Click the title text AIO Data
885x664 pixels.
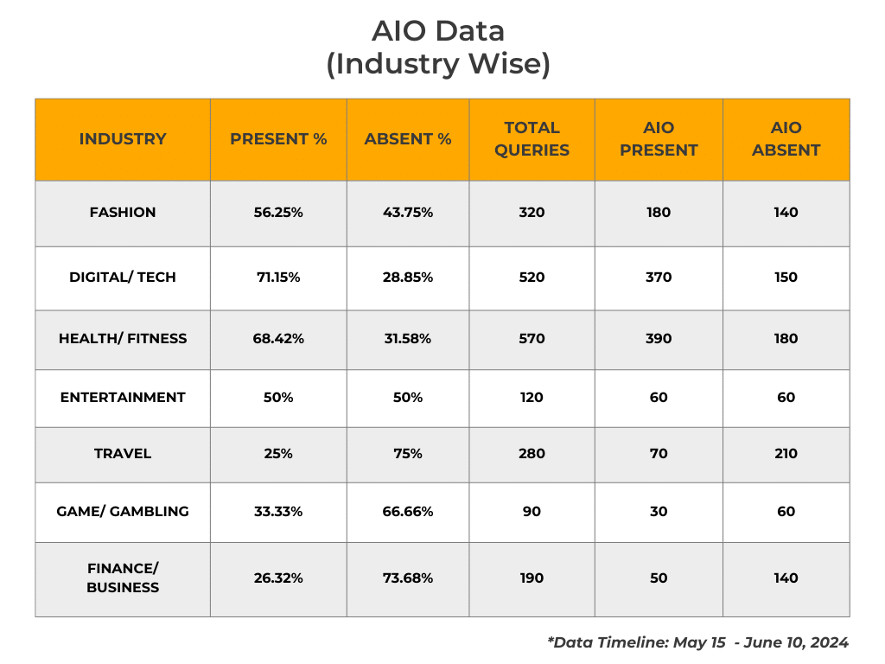tap(438, 30)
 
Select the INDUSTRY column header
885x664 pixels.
tap(123, 139)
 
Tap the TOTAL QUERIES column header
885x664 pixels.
tap(532, 139)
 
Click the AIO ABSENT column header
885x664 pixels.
tap(786, 139)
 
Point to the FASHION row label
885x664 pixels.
tap(123, 213)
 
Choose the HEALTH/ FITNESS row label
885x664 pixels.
tap(123, 338)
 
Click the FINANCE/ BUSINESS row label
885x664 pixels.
tap(123, 578)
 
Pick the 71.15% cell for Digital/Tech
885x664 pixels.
tap(278, 278)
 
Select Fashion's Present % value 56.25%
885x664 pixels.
tap(278, 213)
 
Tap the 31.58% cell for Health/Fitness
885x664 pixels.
tap(408, 338)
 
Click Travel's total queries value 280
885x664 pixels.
tap(532, 453)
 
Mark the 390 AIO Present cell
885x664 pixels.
tap(659, 338)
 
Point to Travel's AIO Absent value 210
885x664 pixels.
tap(786, 453)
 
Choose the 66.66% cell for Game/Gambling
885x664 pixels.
tap(408, 512)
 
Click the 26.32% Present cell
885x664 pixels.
tap(278, 578)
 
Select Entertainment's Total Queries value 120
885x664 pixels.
tap(532, 398)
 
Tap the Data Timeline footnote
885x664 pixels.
tap(697, 642)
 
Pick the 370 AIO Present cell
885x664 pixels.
tap(659, 278)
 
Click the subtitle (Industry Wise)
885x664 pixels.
tap(438, 64)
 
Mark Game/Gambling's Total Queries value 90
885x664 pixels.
tap(532, 512)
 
